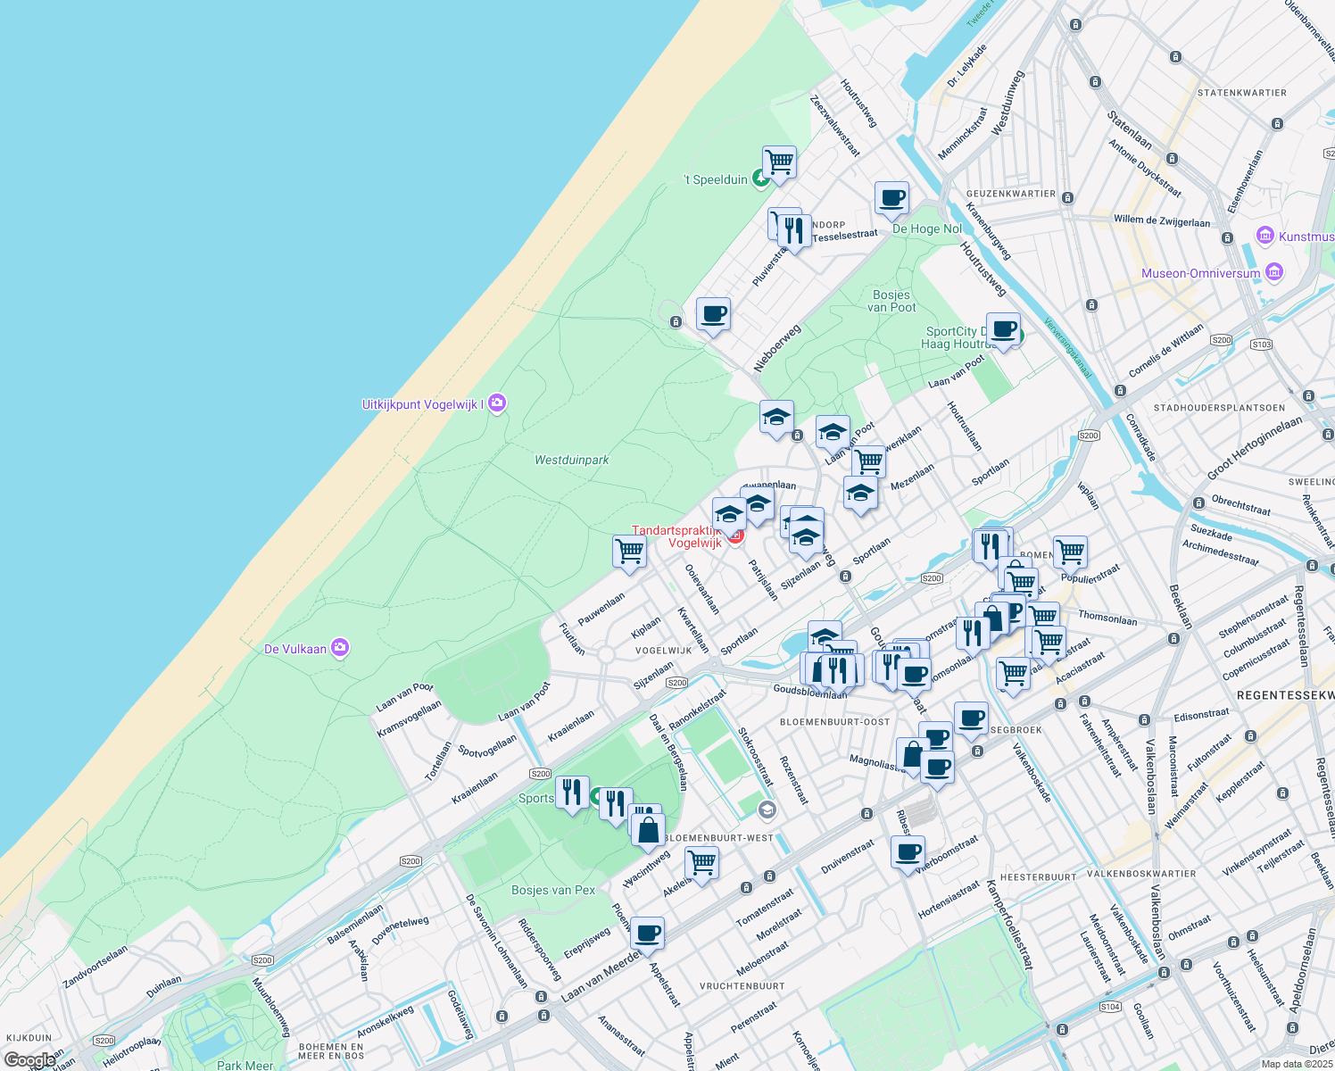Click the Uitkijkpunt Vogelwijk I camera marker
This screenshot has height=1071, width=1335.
point(497,403)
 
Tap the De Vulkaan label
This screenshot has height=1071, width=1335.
point(295,649)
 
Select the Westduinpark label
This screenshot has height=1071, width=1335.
point(571,461)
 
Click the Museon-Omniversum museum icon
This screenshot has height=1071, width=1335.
point(1273,272)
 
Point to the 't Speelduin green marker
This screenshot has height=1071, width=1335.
point(760,179)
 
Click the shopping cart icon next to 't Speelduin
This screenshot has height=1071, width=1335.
point(779,162)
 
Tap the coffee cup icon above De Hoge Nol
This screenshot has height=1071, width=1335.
point(891,198)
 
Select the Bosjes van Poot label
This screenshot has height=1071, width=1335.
point(891,301)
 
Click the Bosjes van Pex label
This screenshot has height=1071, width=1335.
point(553,890)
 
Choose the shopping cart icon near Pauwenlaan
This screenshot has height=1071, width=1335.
point(629,552)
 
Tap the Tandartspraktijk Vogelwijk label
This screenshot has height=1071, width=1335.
point(676,536)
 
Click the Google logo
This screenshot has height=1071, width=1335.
point(29,1059)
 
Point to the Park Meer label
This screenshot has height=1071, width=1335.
point(245,1065)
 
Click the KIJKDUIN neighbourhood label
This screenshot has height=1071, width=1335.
point(29,1038)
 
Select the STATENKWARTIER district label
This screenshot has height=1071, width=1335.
point(1242,93)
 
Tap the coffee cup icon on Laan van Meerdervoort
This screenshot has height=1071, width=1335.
point(647,933)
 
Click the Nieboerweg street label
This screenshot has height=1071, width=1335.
point(776,348)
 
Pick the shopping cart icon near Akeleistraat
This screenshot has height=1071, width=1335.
point(701,863)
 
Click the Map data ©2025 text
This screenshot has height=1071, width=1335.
point(1296,1064)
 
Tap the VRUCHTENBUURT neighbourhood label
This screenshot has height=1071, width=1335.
point(742,986)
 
